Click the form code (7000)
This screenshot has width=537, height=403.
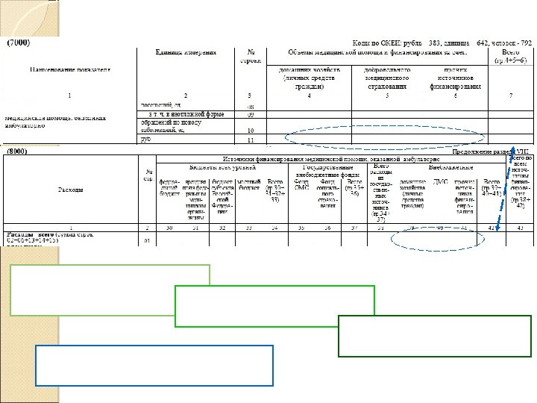point(18,43)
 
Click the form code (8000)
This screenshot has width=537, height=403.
point(18,151)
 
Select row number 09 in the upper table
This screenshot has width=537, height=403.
point(251,114)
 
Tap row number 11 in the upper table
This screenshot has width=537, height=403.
point(251,140)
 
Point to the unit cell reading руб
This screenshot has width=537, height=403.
point(146,139)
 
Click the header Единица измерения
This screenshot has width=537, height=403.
point(186,52)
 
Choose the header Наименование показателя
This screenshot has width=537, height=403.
point(69,69)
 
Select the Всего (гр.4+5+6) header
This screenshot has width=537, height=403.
point(510,56)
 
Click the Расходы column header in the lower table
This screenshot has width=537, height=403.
point(71,190)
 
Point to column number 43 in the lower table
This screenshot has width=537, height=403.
point(520,226)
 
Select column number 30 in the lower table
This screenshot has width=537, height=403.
point(169,226)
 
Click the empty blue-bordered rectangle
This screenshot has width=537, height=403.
point(154,365)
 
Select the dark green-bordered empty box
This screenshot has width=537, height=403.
point(434,337)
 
